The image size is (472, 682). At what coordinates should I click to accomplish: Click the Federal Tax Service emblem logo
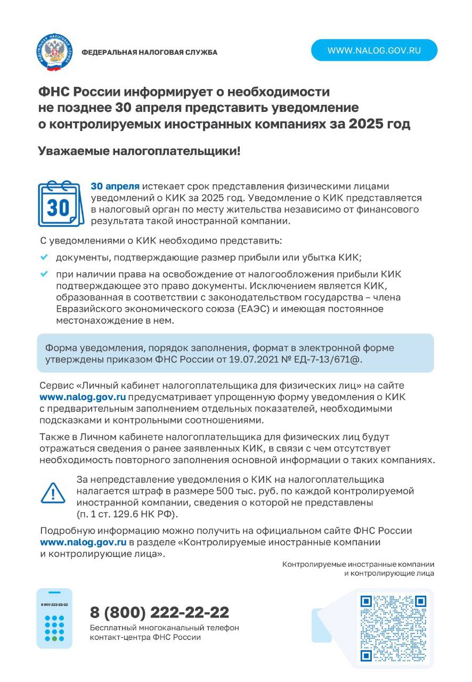[x=55, y=52]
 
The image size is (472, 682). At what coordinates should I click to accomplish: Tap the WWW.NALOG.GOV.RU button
[x=374, y=51]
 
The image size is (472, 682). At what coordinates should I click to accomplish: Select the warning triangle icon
[x=53, y=493]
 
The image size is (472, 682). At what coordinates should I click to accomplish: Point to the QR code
[x=394, y=628]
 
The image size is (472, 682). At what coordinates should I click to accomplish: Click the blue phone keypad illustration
[x=54, y=618]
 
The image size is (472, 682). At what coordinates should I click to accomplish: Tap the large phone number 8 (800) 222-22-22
[x=160, y=612]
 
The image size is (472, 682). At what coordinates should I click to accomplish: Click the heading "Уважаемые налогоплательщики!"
[x=139, y=151]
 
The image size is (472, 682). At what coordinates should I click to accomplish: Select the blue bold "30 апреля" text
[x=115, y=186]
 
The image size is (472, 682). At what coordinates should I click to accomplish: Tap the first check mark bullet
[x=44, y=257]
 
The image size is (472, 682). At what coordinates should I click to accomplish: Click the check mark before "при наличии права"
[x=44, y=274]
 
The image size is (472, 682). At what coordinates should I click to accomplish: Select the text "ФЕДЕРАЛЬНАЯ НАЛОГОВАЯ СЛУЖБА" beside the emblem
[x=149, y=52]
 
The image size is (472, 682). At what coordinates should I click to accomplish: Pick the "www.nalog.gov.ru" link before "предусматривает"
[x=83, y=396]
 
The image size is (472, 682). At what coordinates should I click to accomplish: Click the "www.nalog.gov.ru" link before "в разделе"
[x=83, y=542]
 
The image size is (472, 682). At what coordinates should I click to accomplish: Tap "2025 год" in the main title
[x=379, y=124]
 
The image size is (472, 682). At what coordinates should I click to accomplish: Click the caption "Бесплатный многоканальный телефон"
[x=164, y=628]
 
